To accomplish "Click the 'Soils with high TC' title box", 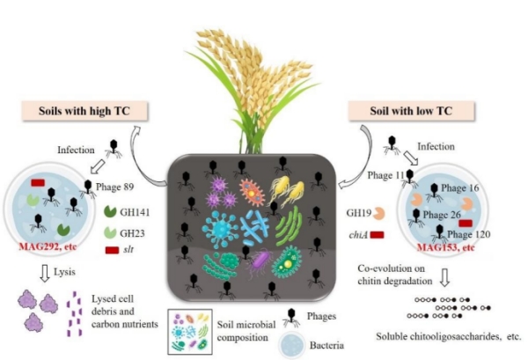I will click(79, 111).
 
